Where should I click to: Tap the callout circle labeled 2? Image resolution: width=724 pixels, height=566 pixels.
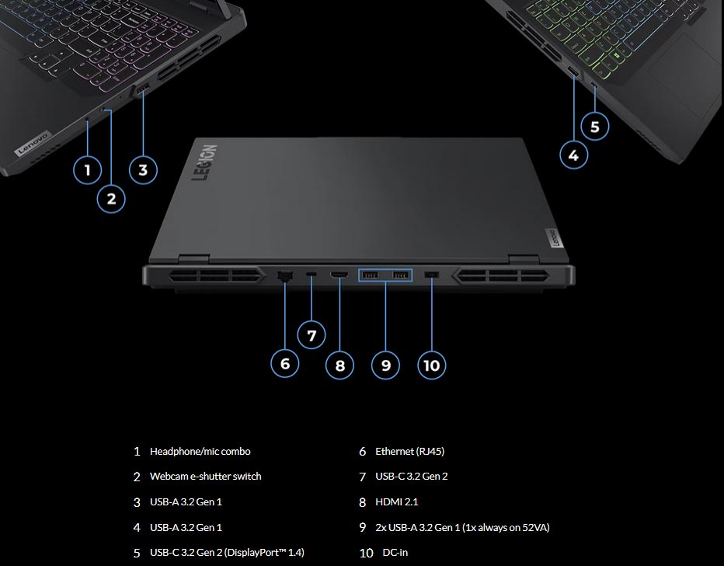[x=111, y=198]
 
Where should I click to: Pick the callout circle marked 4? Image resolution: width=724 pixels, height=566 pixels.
[x=573, y=155]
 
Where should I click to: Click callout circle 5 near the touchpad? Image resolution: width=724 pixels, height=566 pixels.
[x=594, y=126]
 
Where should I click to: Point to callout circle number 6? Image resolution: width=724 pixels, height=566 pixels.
[x=285, y=363]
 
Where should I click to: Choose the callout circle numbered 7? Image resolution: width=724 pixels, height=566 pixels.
[x=312, y=336]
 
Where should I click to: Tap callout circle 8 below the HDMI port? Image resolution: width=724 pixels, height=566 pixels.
[x=339, y=364]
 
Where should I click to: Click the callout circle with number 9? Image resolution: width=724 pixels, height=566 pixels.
[x=385, y=364]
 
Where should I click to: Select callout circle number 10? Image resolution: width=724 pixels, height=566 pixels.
[x=432, y=364]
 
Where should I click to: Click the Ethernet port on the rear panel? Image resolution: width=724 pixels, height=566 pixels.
[x=284, y=276]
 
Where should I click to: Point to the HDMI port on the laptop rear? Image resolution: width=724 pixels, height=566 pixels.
[x=339, y=276]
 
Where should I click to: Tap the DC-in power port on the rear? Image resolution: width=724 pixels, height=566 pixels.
[x=433, y=276]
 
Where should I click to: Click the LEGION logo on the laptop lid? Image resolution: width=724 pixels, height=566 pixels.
[x=205, y=163]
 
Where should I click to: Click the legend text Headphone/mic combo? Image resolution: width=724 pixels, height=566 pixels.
[x=200, y=451]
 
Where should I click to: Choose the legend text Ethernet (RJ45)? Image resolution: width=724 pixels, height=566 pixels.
[x=409, y=451]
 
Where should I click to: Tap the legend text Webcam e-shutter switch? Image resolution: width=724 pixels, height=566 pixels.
[x=205, y=477]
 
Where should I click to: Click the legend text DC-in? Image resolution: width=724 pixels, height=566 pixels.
[x=395, y=553]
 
